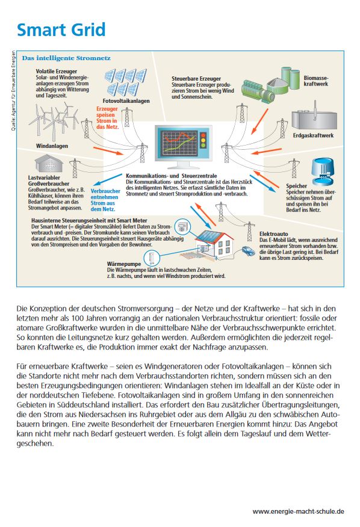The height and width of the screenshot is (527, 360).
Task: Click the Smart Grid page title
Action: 61,29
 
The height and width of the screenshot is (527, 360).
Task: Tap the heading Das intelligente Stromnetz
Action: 66,58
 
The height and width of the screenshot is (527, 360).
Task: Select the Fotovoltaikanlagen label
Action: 126,101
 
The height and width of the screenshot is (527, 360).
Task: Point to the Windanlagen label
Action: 52,146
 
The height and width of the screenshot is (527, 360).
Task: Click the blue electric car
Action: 248,251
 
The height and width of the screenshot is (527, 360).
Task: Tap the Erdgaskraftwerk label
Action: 313,135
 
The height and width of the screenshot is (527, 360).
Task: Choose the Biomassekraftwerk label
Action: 316,81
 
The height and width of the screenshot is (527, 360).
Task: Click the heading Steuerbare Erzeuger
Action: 196,79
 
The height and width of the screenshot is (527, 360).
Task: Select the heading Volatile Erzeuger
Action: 57,71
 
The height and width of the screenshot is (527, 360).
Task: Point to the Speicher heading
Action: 296,186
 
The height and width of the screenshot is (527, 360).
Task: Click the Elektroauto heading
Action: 273,234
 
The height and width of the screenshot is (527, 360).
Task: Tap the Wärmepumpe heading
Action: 124,264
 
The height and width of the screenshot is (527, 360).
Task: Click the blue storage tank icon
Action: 323,171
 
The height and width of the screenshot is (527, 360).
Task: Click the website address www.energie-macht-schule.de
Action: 298,511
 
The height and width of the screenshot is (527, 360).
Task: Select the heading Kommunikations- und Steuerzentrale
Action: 171,176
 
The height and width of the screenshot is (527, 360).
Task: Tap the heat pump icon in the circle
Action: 151,258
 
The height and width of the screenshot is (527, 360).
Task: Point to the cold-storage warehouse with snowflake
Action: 49,164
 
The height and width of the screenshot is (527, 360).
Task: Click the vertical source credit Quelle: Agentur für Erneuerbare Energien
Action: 13,91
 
